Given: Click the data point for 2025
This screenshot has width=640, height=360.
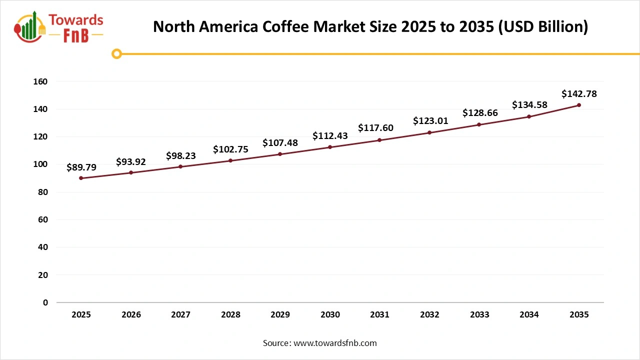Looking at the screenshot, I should click(81, 178).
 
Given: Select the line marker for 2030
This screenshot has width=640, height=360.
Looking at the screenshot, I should click(330, 147).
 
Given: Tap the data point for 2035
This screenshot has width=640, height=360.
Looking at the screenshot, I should click(579, 105).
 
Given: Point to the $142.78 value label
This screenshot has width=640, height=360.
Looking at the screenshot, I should click(579, 93).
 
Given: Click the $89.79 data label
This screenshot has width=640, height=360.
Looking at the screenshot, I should click(81, 167).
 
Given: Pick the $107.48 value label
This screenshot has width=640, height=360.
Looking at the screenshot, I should click(280, 143).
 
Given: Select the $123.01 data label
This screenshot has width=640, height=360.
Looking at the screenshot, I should click(430, 121).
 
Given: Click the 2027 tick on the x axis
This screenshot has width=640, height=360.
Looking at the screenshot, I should click(180, 314).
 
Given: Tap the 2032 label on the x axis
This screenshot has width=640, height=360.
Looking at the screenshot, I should click(429, 314).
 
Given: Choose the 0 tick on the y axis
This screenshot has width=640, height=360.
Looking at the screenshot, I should click(45, 302).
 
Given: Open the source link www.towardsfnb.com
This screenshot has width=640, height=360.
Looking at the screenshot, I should click(335, 343).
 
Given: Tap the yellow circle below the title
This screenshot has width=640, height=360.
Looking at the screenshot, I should click(116, 53).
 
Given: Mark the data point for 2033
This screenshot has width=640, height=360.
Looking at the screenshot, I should click(479, 124).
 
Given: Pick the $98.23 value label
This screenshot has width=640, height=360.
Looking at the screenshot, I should click(181, 156).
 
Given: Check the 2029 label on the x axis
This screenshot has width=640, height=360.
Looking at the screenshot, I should click(280, 314).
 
